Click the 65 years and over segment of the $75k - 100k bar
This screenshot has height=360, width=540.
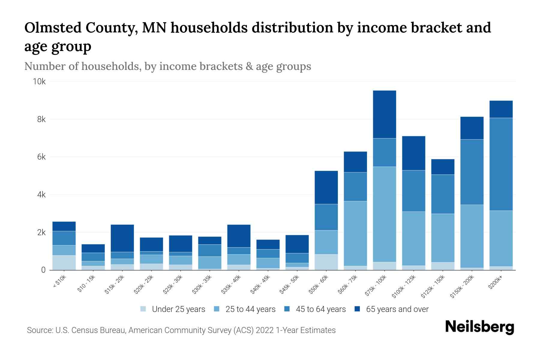click(384, 114)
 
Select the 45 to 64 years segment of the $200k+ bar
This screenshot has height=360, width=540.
click(501, 164)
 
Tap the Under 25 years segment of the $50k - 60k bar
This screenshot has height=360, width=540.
click(326, 262)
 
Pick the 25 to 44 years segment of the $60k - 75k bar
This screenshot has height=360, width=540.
click(355, 233)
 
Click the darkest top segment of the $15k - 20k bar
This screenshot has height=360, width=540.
click(122, 238)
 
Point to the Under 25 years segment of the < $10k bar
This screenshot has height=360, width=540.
click(64, 262)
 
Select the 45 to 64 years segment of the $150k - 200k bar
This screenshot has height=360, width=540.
click(472, 172)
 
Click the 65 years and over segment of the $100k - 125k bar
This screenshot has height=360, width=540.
click(413, 153)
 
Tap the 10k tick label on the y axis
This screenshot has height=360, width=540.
click(39, 82)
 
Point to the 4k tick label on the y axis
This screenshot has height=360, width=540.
click(41, 195)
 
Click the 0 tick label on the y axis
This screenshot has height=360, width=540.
click(43, 270)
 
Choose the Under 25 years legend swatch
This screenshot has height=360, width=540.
click(143, 309)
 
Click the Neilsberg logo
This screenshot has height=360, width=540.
click(479, 327)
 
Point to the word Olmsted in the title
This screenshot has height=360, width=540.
click(52, 28)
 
